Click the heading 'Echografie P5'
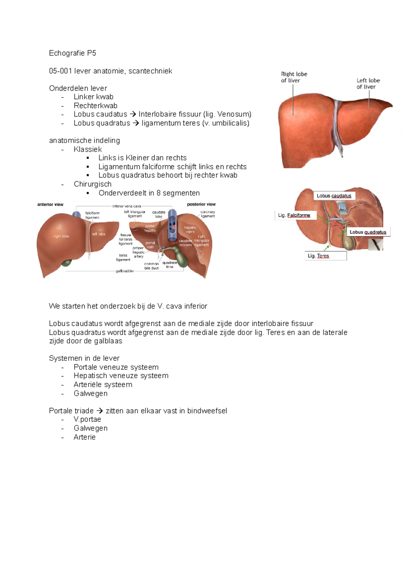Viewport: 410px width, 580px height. coord(72,53)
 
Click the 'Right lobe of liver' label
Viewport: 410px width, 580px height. coord(294,77)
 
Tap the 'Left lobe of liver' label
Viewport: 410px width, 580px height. coord(368,83)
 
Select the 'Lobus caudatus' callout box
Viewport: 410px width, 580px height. coord(334,196)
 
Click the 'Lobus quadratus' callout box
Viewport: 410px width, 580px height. coord(368,232)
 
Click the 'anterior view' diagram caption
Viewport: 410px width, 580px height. coord(50,205)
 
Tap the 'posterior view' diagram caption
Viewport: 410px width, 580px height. coord(201,204)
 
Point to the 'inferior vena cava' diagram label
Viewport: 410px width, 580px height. coord(127,206)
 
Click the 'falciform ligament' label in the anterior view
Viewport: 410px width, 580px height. coord(92,215)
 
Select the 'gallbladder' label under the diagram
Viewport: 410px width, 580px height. coord(125,271)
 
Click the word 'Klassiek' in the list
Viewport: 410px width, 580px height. coord(88,149)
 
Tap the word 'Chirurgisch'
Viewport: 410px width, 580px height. coord(93,184)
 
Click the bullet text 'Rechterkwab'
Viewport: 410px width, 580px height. coord(96,106)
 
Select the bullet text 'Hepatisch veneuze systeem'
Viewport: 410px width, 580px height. coord(121,376)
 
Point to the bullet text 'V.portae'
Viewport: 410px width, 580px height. coord(87,420)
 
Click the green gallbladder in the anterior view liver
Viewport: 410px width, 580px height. coord(67,263)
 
